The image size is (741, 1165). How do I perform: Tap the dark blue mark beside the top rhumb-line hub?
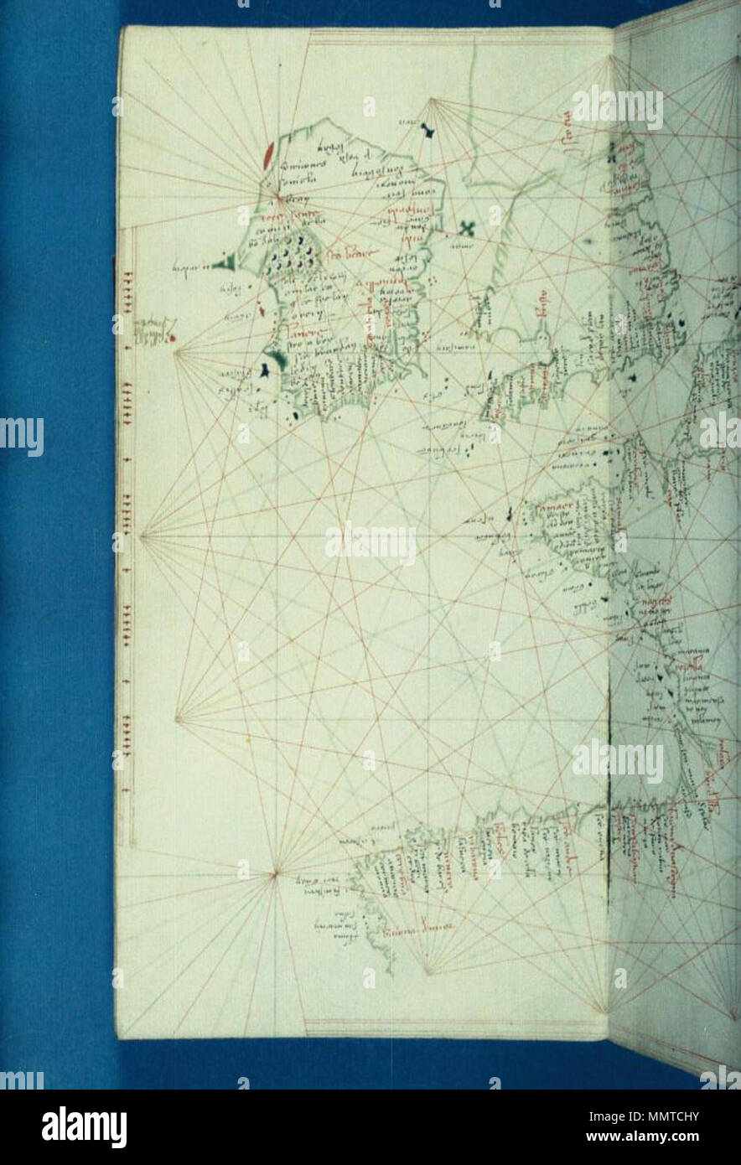(x=428, y=130)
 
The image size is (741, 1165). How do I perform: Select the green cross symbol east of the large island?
(x=467, y=226)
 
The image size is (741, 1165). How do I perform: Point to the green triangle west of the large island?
(x=224, y=265)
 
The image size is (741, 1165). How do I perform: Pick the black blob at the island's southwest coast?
(x=267, y=365)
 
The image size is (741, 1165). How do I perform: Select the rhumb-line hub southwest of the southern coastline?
(x=275, y=875)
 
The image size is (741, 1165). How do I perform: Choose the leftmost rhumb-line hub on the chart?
(x=142, y=536)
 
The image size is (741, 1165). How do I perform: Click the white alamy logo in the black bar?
(x=85, y=1127)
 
